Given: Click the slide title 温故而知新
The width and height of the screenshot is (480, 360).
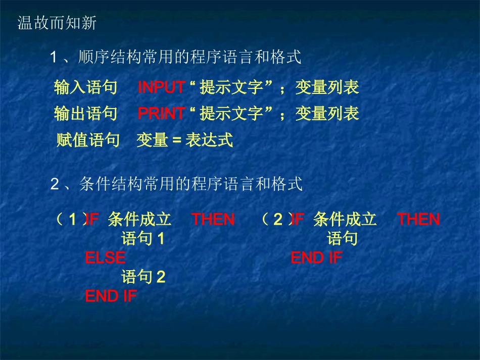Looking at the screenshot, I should tap(57, 23).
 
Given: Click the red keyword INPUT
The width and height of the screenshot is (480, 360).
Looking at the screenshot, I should tap(161, 88).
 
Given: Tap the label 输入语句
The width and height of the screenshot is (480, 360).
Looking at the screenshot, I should tap(85, 88).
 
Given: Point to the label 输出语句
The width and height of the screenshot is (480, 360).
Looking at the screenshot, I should tap(85, 114).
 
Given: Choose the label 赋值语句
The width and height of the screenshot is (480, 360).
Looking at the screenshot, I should tap(88, 140).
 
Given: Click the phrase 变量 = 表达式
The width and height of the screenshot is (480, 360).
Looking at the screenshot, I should tap(185, 140).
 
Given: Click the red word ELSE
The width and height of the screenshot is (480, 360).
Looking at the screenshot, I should tap(105, 258).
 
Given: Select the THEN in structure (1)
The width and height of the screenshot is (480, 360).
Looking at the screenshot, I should tap(213, 220).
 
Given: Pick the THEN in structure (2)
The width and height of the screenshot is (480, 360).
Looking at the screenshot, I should tap(418, 220).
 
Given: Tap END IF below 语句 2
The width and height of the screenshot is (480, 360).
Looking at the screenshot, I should tap(111, 296).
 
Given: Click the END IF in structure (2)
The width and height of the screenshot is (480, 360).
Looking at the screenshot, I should tap(316, 258).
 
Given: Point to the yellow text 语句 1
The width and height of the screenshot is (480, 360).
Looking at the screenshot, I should tap(143, 239).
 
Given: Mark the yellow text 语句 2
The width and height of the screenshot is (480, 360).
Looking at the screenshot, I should tap(143, 277).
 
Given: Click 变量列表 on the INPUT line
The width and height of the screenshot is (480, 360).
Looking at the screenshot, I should tap(327, 88).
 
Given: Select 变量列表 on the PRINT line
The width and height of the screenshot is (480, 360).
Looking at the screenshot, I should tap(327, 114).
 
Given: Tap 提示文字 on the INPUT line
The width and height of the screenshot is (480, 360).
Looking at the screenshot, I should tap(232, 88).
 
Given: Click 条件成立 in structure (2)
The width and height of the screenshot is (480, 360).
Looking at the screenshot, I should tap(345, 220).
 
